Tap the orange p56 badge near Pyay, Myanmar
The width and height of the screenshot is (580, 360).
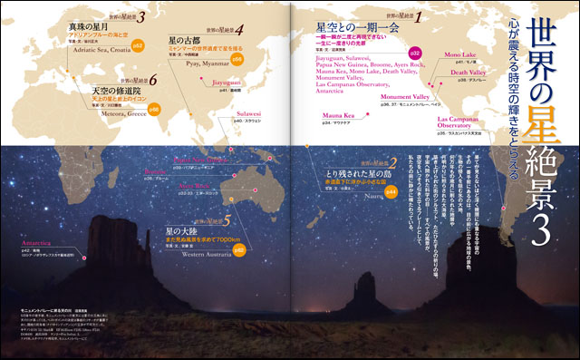pyautogui.click(x=236, y=58)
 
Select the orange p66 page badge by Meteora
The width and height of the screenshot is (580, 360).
pyautogui.click(x=154, y=108)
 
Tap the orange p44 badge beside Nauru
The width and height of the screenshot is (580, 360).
pyautogui.click(x=391, y=191)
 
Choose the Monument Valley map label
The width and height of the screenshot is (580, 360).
pyautogui.click(x=405, y=96)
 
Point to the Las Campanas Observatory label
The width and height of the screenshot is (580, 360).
pyautogui.click(x=464, y=122)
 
